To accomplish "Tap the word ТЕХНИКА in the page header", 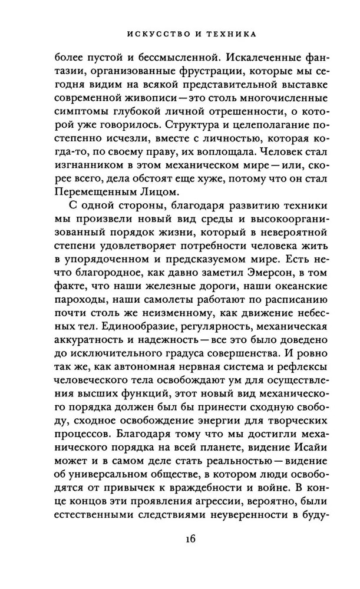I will tap(230, 35).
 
